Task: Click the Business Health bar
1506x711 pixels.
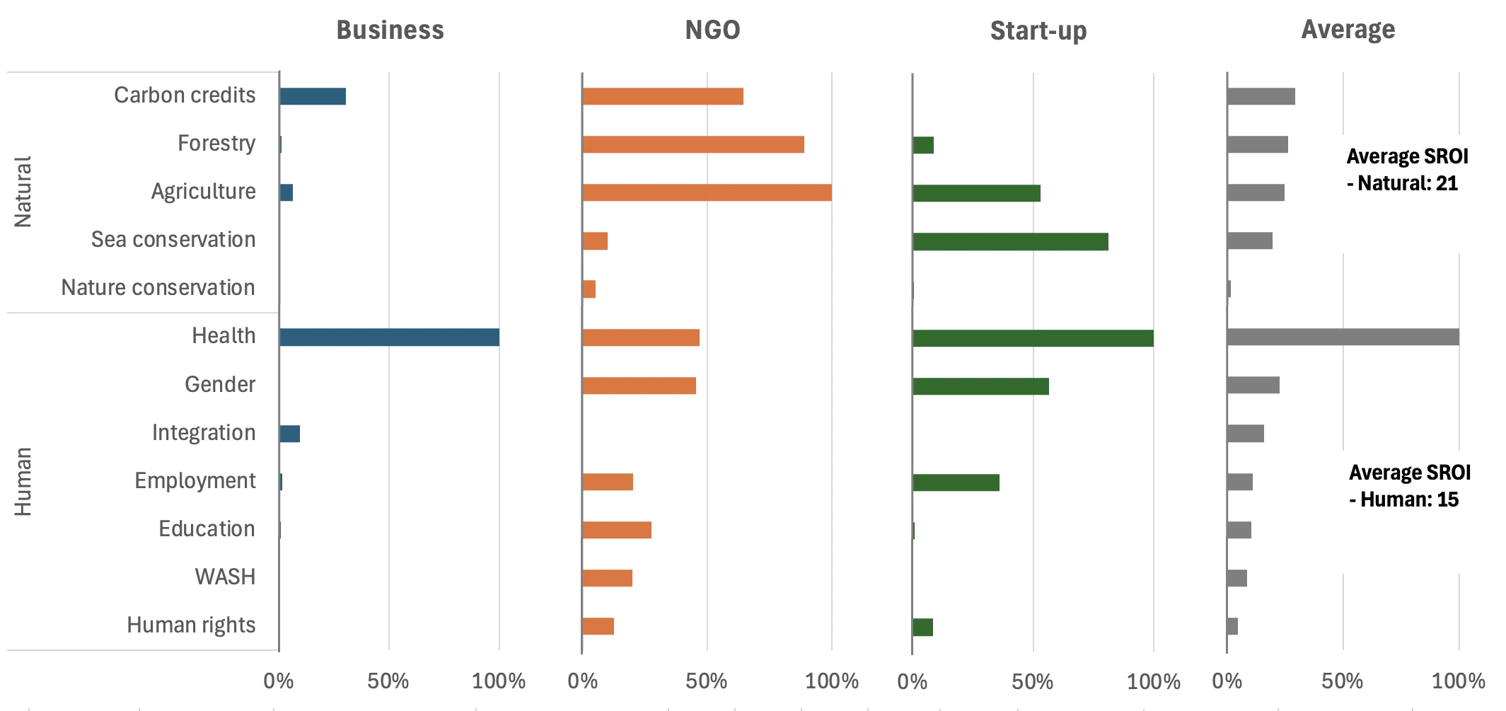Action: coord(389,337)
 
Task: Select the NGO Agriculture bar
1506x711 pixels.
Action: coord(707,192)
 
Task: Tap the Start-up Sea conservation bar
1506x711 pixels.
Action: coord(1010,241)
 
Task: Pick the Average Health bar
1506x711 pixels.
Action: coord(1343,337)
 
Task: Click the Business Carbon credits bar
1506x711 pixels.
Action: coord(313,96)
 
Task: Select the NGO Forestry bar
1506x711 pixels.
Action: coord(693,144)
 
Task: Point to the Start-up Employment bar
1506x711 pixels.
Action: coord(956,482)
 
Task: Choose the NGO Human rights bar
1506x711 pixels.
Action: coord(598,626)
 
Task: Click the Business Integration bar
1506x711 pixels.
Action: coord(290,434)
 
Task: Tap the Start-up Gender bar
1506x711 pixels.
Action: coord(980,386)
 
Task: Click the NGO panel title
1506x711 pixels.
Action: coord(712,30)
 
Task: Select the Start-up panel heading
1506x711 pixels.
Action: coord(1038,31)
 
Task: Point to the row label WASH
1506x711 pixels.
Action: coord(225,577)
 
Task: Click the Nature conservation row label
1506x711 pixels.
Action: coord(158,288)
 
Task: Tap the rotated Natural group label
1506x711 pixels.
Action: coord(23,192)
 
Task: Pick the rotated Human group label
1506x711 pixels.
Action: coord(23,481)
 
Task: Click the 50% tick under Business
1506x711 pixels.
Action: coord(388,681)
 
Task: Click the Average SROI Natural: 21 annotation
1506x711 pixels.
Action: coord(1406,170)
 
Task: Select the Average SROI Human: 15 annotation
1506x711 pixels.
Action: coord(1408,486)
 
